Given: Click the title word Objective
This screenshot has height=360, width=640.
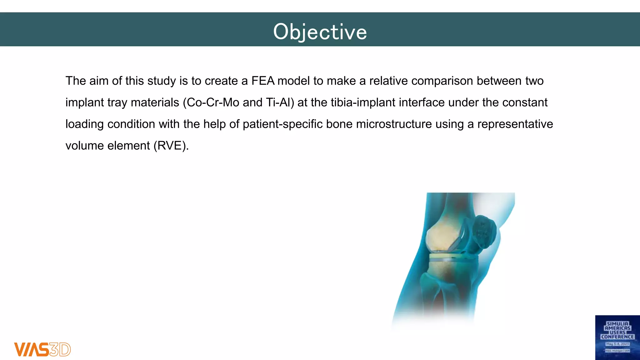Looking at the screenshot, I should click(x=320, y=32).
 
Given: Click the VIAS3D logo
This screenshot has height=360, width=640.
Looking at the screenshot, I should click(x=42, y=349).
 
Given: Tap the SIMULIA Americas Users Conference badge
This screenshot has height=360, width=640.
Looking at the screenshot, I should click(x=617, y=337).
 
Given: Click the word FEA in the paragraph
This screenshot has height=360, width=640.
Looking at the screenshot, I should click(x=263, y=81).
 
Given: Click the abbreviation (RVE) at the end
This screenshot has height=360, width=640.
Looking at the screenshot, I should click(x=171, y=146).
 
